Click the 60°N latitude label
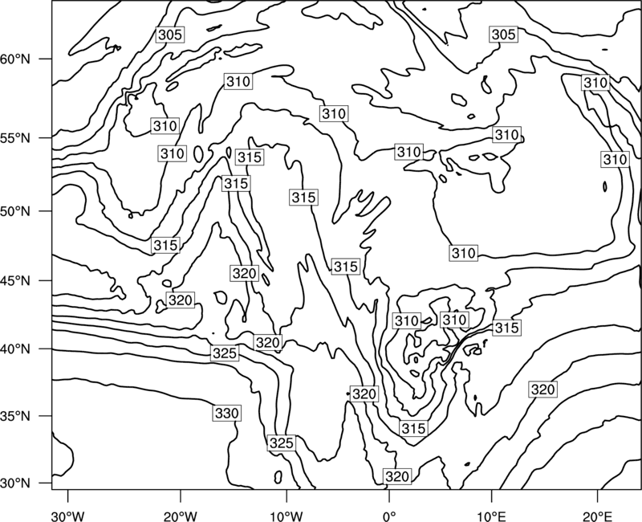15,59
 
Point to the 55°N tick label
15,138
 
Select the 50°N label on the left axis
15,211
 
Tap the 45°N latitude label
15,280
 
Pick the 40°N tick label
15,349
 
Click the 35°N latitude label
15,416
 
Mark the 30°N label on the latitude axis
15,483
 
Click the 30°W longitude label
68,516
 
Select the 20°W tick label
180,516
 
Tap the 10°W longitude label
286,516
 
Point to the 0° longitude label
389,516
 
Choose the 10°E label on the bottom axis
491,516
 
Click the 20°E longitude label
597,516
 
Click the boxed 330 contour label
227,413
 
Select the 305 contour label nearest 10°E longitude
503,34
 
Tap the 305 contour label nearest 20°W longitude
170,35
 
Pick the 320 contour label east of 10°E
543,389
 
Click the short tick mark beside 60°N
46,59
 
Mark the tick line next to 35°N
46,416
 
